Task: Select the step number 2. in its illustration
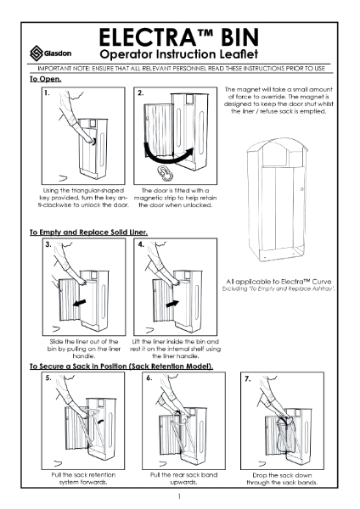(141, 92)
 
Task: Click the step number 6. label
(149, 378)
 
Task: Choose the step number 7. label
(248, 378)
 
